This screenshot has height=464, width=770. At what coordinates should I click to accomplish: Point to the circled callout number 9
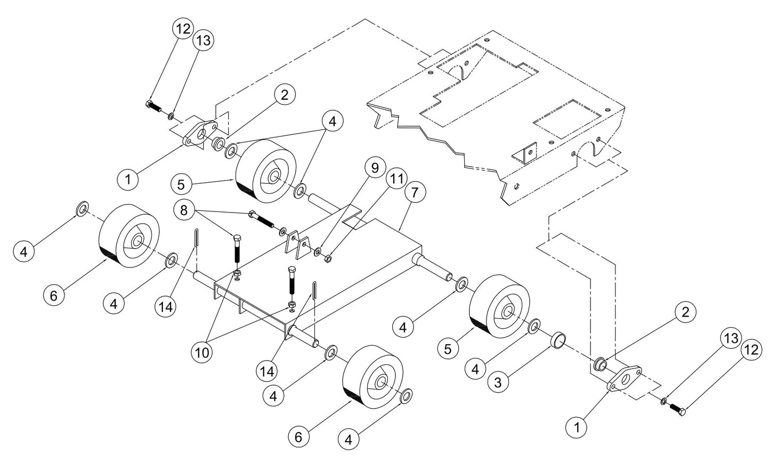375,168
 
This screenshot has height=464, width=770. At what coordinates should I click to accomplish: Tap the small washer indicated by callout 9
318,251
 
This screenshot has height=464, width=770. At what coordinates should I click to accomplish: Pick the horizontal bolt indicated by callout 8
262,220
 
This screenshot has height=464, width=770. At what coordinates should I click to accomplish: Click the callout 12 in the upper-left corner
182,29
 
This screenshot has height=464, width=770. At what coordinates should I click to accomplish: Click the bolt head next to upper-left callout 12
150,104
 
